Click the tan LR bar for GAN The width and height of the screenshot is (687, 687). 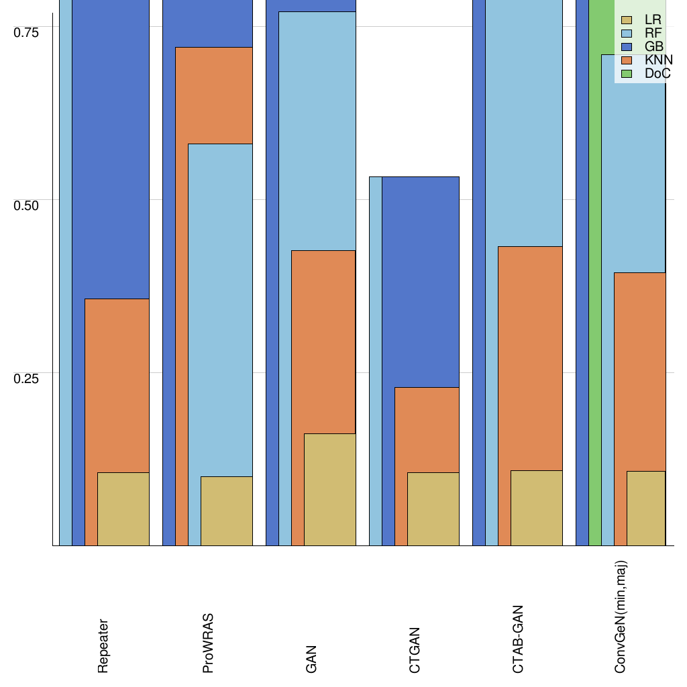(x=329, y=489)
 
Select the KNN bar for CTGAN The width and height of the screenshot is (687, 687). (x=427, y=429)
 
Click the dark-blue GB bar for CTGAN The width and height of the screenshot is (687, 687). (x=420, y=282)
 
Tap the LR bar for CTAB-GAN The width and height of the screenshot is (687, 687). (x=537, y=508)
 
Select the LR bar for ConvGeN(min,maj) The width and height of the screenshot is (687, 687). (x=646, y=508)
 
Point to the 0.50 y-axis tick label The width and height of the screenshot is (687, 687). (x=27, y=205)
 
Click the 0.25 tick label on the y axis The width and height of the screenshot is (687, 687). (x=27, y=378)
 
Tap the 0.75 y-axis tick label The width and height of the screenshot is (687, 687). (x=27, y=32)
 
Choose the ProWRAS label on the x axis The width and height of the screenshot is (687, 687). (x=208, y=643)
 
